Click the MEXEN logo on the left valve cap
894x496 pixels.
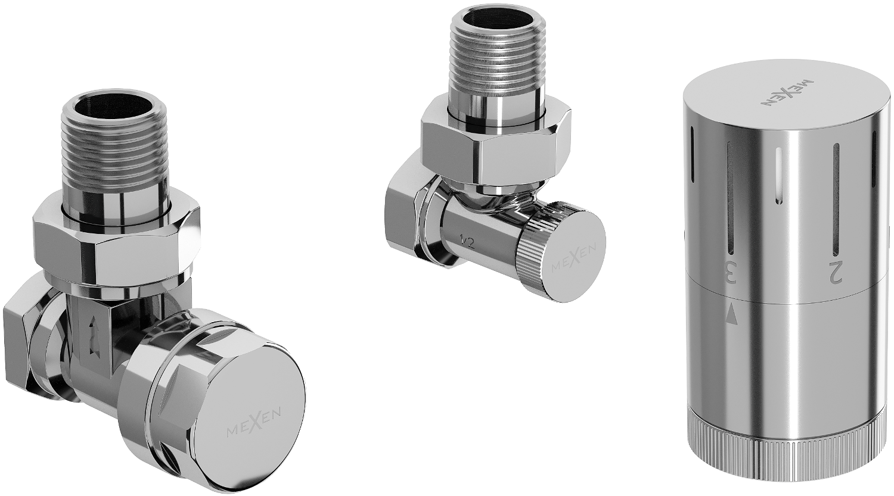253,425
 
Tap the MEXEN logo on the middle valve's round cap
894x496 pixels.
574,260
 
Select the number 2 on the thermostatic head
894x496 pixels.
836,273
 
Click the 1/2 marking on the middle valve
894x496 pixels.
466,242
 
